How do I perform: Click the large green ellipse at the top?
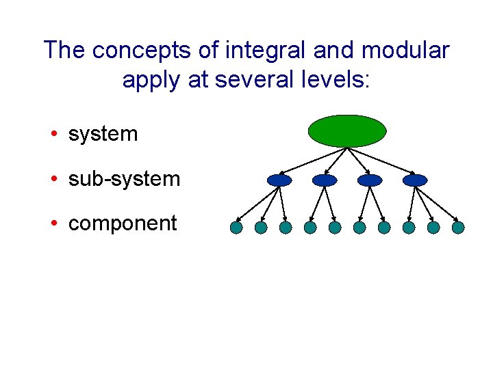click(348, 131)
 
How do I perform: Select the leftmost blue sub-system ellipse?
click(279, 180)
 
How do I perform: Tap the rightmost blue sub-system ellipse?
click(415, 180)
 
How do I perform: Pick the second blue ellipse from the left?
click(325, 180)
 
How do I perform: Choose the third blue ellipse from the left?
click(370, 180)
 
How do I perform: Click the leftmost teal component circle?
click(236, 228)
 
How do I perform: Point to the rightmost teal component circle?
click(458, 228)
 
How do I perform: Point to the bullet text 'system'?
click(103, 134)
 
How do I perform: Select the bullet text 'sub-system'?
click(124, 179)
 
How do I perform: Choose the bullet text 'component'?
click(123, 223)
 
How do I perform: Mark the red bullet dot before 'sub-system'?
click(53, 180)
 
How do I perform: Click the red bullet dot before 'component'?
click(53, 224)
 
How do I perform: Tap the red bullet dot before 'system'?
click(53, 135)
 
